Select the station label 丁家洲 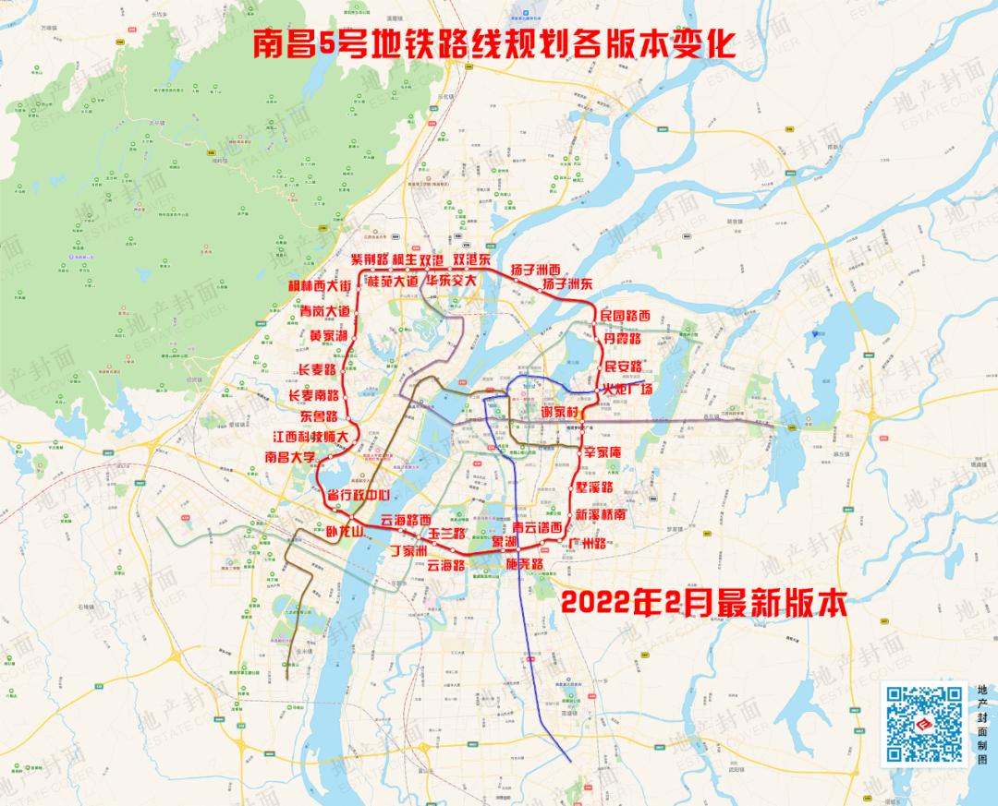coord(408,551)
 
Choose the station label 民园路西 coord(626,316)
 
